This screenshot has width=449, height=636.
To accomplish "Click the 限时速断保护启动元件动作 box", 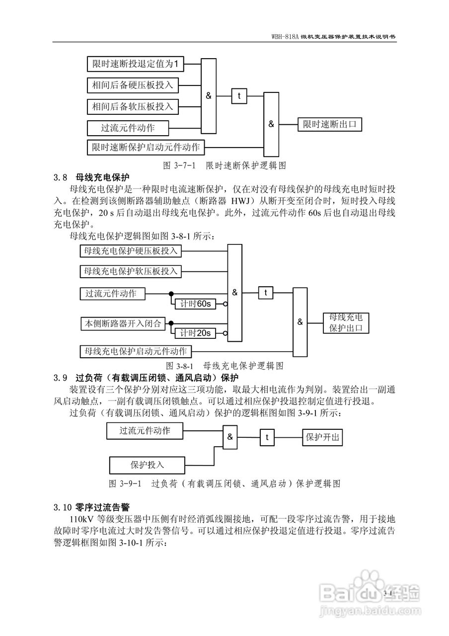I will pyautogui.click(x=146, y=148).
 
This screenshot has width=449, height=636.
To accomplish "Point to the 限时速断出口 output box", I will pyautogui.click(x=330, y=124).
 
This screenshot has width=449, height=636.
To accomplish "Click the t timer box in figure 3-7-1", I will pyautogui.click(x=239, y=96).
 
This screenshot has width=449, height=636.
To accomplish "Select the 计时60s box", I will pyautogui.click(x=195, y=304).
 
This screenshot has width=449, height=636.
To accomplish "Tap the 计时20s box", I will pyautogui.click(x=195, y=333).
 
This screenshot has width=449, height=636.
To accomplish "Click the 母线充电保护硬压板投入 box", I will pyautogui.click(x=131, y=251).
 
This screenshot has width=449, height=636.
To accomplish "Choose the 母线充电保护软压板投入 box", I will pyautogui.click(x=131, y=271).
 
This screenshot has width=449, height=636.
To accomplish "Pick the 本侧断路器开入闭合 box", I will pyautogui.click(x=123, y=323).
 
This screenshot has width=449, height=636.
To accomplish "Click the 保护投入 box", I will pyautogui.click(x=148, y=465).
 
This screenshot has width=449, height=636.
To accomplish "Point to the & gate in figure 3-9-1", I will pyautogui.click(x=230, y=437).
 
